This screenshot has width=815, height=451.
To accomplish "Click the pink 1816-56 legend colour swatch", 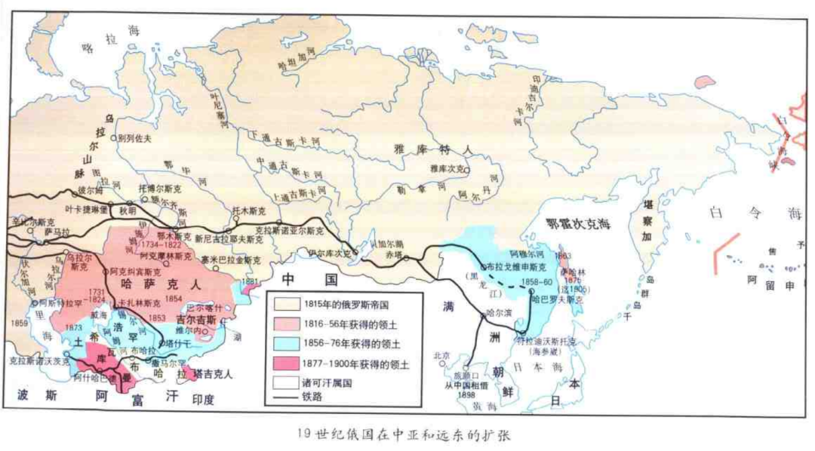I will (x=283, y=324).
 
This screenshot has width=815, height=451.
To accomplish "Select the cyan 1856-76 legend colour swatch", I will (x=283, y=344).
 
